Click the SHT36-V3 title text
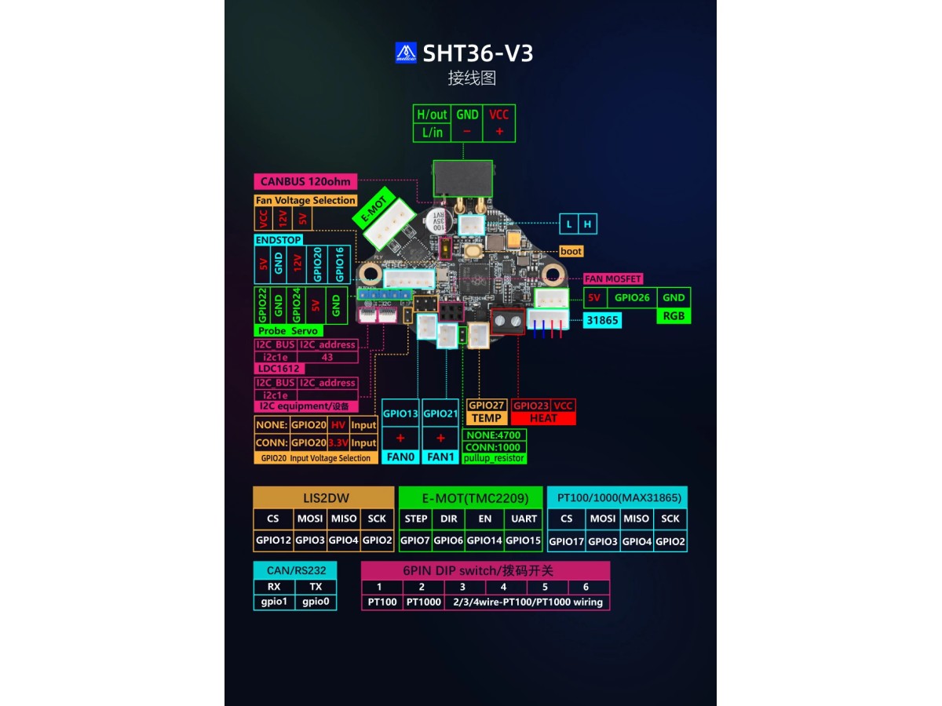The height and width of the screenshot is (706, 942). tap(478, 53)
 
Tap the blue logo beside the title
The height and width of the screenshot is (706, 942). tap(406, 53)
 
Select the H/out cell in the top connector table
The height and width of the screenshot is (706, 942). tap(432, 115)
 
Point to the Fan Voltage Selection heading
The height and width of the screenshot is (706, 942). tap(305, 201)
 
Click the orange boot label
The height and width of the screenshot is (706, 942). tap(571, 252)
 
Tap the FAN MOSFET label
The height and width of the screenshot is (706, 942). tap(613, 278)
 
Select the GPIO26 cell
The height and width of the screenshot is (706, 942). tap(632, 297)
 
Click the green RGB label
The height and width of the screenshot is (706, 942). tap(674, 316)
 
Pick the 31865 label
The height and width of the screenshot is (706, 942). tap(603, 320)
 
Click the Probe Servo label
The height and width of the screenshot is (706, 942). tap(288, 331)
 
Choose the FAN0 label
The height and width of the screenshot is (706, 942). tap(400, 457)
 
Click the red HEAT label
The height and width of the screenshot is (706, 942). tap(543, 418)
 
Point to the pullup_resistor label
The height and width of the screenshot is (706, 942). tap(494, 458)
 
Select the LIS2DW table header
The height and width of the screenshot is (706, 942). tap(323, 497)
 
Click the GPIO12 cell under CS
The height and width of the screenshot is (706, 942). tap(272, 540)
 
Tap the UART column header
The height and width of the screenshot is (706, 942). tap(524, 519)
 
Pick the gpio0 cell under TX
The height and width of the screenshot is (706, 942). tap(316, 602)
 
